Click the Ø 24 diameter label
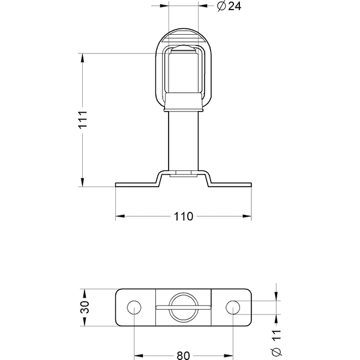(226, 7)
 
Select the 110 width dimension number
(184, 216)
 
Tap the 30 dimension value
(85, 308)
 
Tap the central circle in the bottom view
(183, 307)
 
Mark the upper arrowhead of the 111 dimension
(82, 58)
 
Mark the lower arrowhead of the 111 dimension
(82, 183)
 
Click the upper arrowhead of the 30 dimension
(85, 293)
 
